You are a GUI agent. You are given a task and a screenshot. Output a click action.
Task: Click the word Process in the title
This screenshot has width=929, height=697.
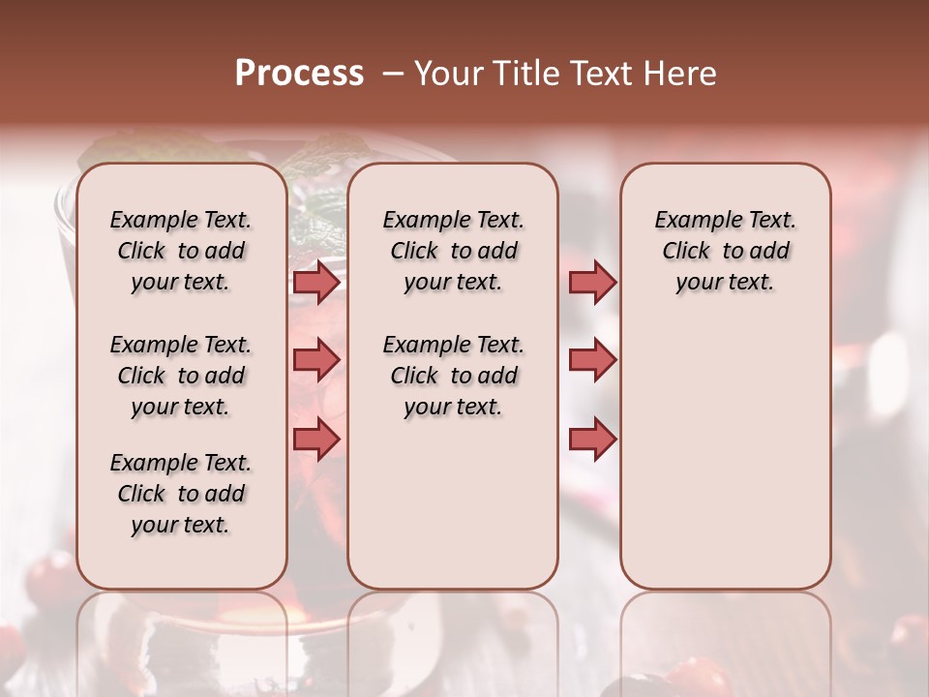[299, 74]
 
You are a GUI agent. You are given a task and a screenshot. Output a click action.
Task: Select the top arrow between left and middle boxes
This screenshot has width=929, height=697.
[316, 283]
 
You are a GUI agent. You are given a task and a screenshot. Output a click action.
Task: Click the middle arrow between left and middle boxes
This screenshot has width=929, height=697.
[316, 360]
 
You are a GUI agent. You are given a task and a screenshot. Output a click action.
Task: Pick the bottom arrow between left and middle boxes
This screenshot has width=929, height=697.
[316, 439]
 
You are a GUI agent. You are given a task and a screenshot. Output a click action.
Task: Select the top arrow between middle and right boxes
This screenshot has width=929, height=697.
[592, 283]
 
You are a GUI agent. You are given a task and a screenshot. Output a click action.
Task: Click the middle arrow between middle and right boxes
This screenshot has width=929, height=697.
[592, 360]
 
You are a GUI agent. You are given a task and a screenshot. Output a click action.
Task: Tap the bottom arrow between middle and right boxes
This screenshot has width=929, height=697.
[592, 439]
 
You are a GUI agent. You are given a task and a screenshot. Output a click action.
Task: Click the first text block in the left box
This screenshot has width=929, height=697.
[181, 251]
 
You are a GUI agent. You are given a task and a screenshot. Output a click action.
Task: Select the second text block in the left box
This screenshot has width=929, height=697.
[181, 376]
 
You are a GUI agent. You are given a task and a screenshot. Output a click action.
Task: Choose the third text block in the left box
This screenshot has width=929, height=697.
[181, 494]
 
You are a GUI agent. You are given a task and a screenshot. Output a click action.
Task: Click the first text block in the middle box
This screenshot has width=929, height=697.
[453, 251]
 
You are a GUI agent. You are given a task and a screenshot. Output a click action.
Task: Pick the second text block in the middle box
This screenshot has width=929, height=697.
[453, 376]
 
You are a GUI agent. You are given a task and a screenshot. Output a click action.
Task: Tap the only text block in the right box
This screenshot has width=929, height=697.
[726, 251]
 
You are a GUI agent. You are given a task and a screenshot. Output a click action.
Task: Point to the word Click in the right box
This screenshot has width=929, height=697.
[686, 252]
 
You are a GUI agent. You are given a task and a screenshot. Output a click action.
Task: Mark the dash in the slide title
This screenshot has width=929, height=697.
[393, 74]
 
